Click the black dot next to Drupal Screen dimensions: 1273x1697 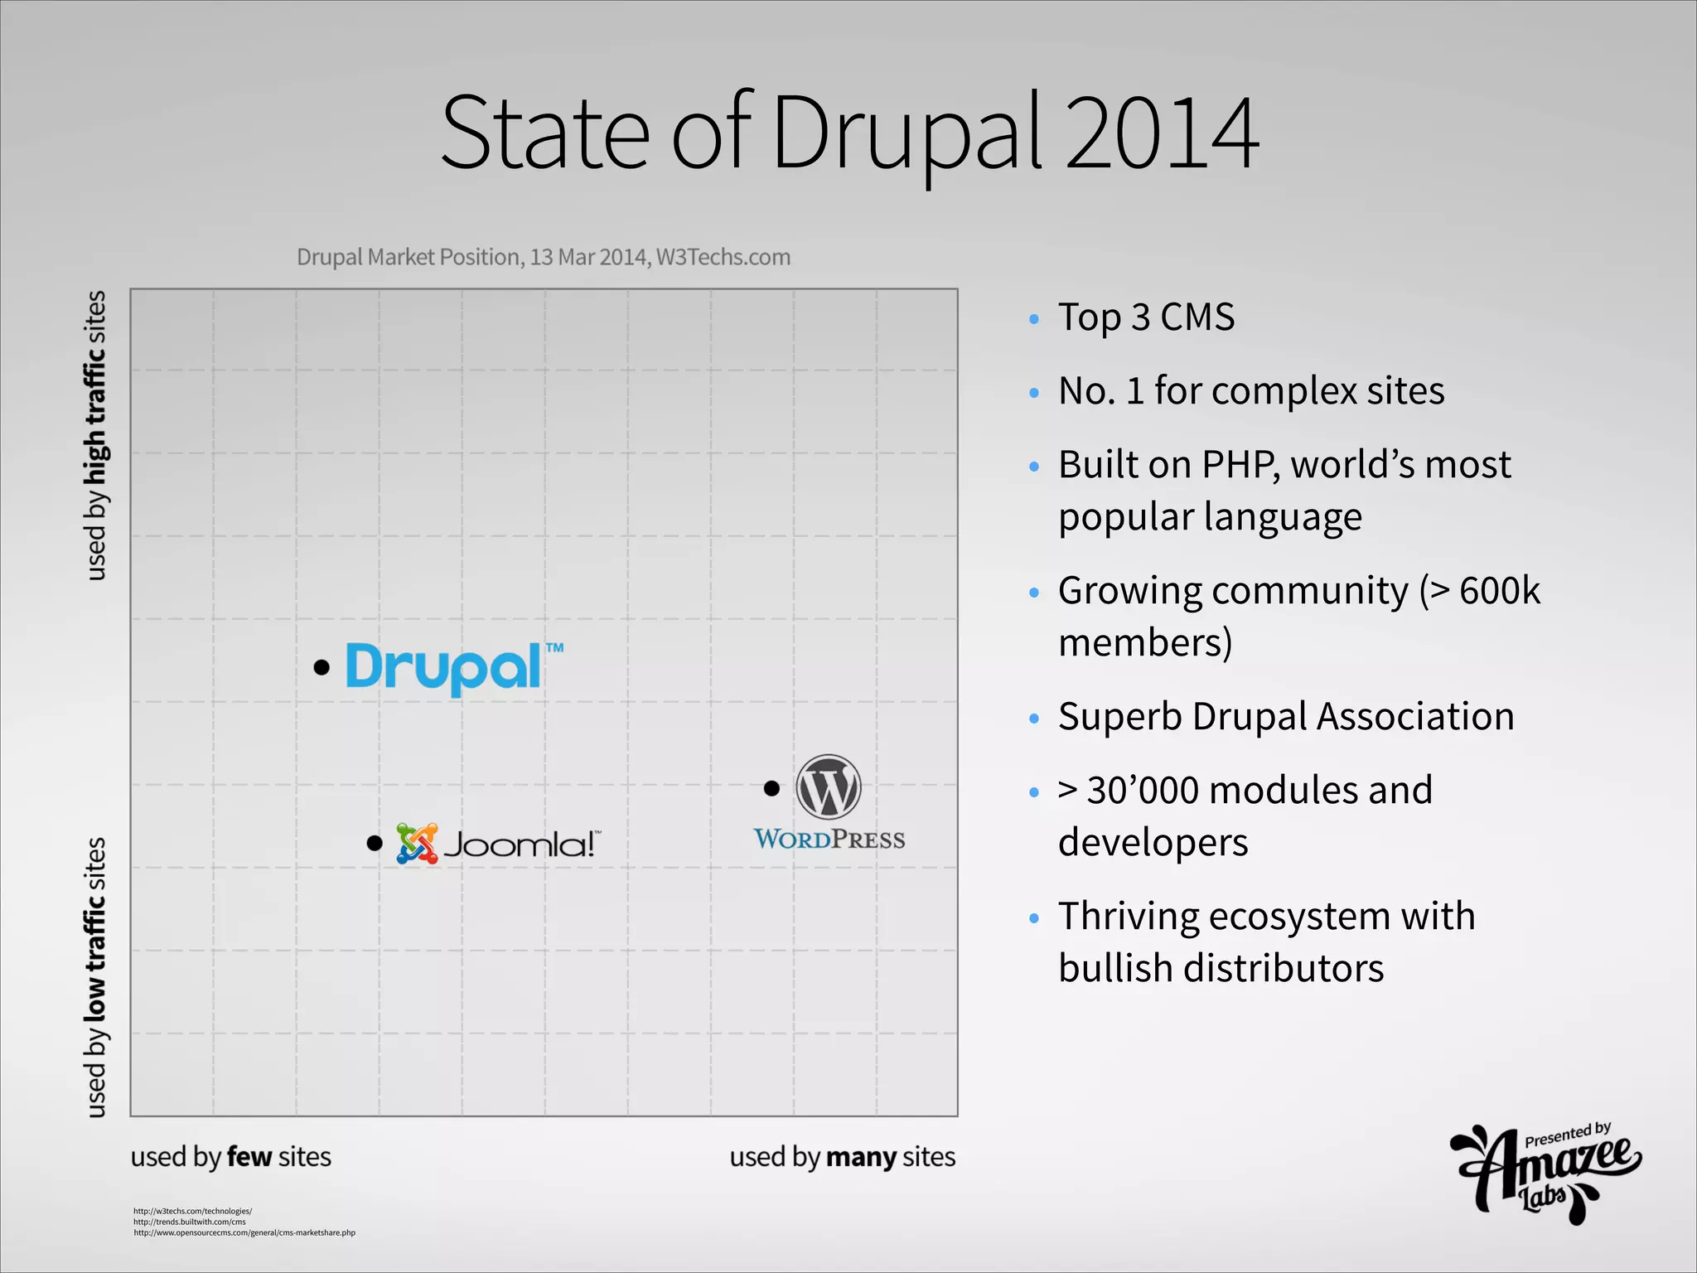[322, 667]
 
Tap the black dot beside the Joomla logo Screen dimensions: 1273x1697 [375, 844]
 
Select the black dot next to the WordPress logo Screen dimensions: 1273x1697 [771, 788]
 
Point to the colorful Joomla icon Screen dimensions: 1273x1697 [417, 844]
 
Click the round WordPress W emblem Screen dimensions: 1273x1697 [829, 787]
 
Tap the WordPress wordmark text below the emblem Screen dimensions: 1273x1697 [829, 840]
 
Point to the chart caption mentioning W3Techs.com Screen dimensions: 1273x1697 [544, 257]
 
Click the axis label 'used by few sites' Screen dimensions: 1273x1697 [230, 1157]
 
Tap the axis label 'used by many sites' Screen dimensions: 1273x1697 [842, 1157]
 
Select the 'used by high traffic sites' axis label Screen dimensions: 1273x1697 [96, 435]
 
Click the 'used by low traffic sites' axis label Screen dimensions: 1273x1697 [96, 978]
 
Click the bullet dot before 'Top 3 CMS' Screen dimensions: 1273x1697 [1033, 319]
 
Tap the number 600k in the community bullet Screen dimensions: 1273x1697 [1499, 591]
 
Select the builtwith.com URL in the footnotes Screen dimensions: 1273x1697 [190, 1222]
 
